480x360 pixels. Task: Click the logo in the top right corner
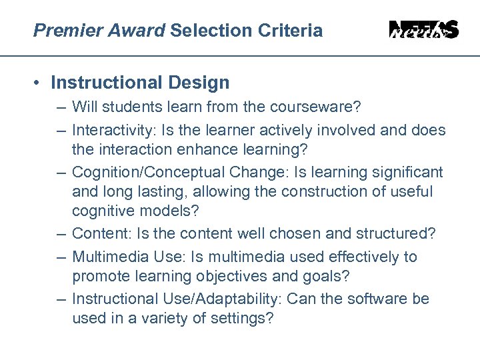(424, 30)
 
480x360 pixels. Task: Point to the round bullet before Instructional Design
(40, 83)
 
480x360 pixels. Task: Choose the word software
(383, 298)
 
